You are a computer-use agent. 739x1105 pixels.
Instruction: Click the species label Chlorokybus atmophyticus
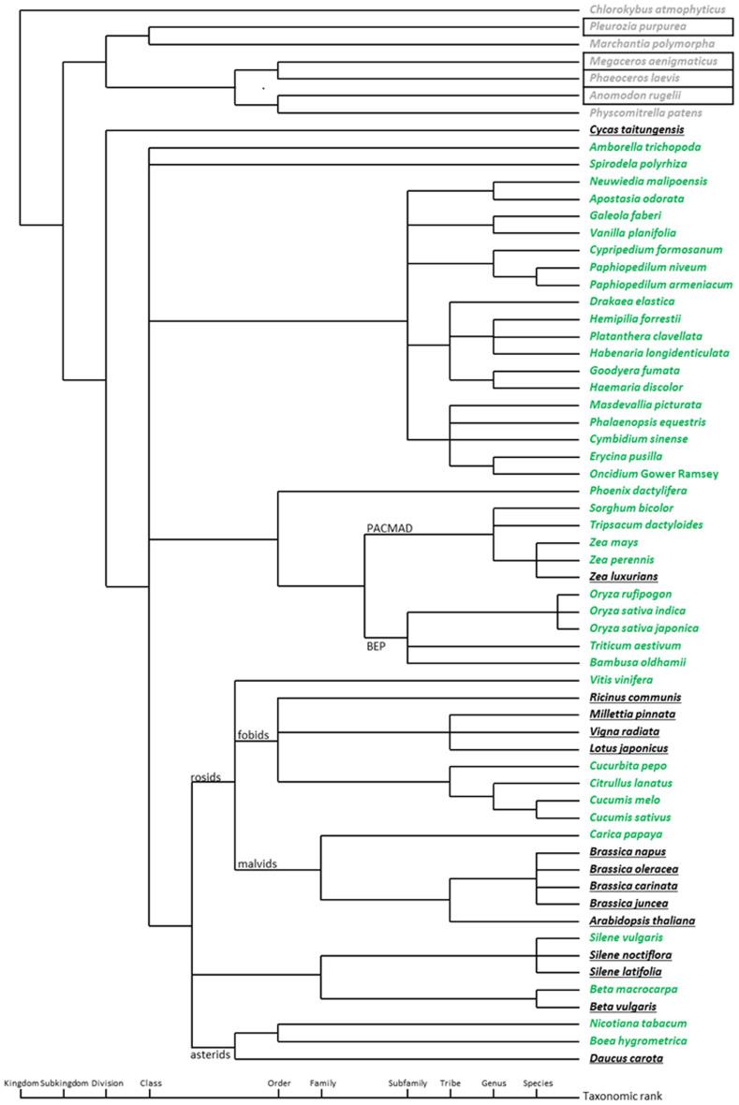coord(658,9)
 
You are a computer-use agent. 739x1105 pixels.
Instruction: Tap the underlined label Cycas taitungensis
coord(637,129)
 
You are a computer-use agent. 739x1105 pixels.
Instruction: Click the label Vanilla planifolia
coord(634,232)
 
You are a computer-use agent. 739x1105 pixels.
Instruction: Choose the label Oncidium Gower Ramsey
coord(654,474)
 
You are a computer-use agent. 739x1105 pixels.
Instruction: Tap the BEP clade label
coord(377,646)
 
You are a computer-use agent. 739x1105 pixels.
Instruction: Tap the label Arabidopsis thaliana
coord(642,921)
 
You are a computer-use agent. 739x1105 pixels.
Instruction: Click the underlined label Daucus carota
coord(626,1058)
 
